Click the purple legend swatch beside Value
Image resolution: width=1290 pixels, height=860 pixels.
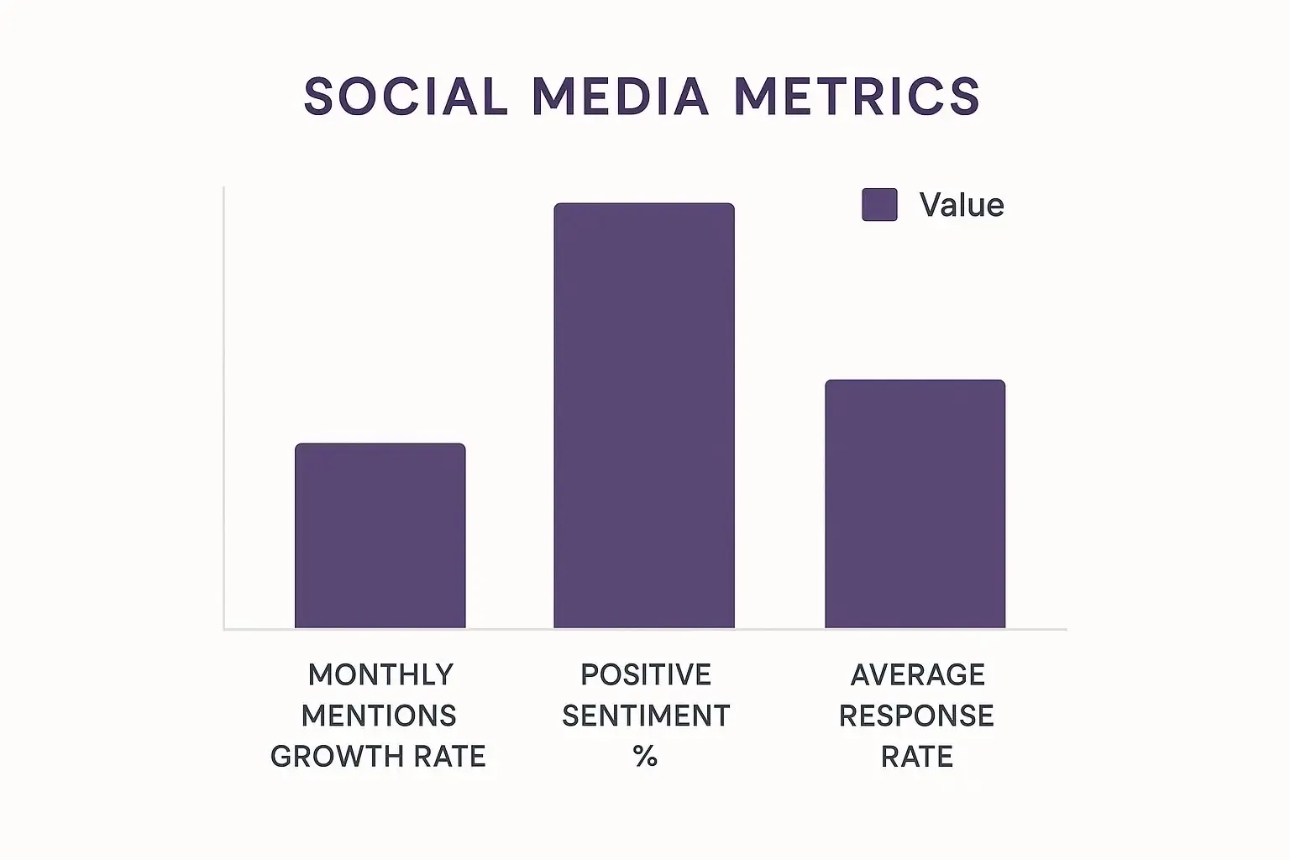coord(879,205)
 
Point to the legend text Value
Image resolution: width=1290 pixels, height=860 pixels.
coord(962,205)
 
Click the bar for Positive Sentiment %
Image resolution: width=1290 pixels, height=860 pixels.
coord(644,416)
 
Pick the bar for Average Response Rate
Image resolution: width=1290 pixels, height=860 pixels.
coord(915,504)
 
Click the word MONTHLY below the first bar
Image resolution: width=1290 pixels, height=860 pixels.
coord(380,674)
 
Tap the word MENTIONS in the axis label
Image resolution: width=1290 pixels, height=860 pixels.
coord(379,716)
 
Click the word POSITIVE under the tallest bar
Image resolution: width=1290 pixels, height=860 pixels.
coord(645,674)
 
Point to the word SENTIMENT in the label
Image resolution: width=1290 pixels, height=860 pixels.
coord(645,716)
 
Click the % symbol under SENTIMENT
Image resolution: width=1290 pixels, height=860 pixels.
coord(645,757)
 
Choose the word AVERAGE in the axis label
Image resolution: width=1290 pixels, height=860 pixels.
coord(917,674)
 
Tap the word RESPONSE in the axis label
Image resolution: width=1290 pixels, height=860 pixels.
coord(916,716)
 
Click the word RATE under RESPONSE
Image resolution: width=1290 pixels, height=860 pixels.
coord(916,757)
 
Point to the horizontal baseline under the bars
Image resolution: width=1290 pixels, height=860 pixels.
coord(644,628)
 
